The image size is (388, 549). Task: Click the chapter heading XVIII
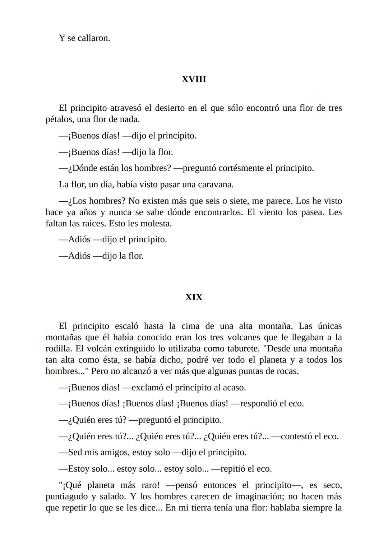tap(194, 79)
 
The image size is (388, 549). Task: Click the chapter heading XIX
tap(194, 297)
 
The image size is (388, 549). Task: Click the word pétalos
tap(60, 119)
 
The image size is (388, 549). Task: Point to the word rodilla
tap(59, 349)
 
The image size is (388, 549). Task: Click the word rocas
tap(286, 371)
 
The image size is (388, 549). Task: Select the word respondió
tap(263, 404)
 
